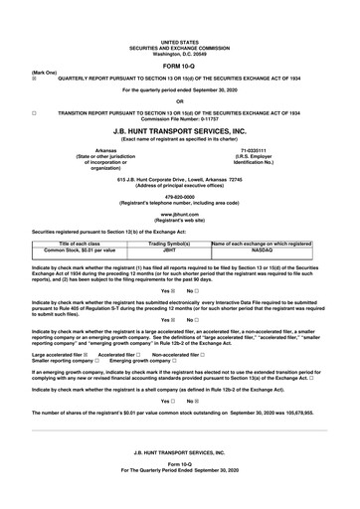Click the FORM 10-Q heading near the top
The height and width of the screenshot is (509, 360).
179,66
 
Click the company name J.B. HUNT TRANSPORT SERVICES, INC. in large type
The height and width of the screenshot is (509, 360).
179,129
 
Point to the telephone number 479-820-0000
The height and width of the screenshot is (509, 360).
179,196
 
